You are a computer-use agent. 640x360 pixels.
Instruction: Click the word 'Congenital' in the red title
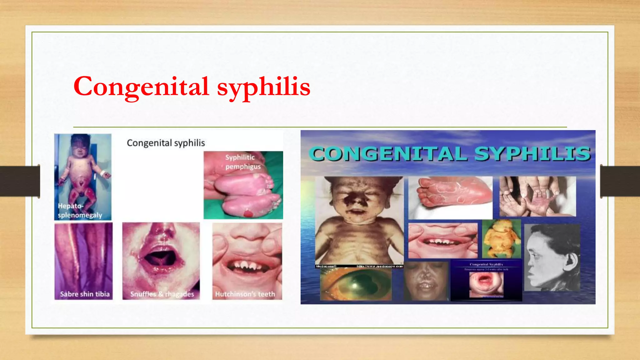[141, 87]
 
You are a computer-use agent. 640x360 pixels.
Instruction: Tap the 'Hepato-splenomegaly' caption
[80, 211]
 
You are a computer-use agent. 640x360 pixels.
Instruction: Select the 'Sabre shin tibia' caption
[85, 294]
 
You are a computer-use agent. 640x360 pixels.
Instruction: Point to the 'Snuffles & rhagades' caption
[162, 294]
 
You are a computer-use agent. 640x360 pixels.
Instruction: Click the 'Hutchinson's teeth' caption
[245, 294]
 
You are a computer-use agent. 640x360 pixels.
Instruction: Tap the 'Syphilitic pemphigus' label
[243, 162]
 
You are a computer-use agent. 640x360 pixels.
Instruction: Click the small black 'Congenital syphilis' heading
[166, 143]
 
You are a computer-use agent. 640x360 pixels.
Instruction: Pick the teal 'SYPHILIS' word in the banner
[532, 154]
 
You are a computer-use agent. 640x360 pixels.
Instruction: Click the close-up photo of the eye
[356, 284]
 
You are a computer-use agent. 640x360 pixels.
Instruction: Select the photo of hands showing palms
[537, 196]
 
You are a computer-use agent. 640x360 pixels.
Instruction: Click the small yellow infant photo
[501, 239]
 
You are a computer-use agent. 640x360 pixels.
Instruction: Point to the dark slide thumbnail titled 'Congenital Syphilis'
[486, 281]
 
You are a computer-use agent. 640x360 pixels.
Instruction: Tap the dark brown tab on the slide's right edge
[620, 181]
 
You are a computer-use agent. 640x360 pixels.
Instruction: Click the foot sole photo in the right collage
[450, 197]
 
